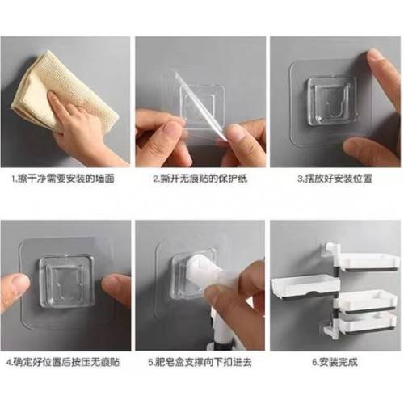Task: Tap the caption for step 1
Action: click(x=64, y=179)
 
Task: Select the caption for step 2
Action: click(x=200, y=179)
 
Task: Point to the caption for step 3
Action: click(x=335, y=179)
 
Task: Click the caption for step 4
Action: click(x=63, y=362)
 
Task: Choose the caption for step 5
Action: click(x=200, y=362)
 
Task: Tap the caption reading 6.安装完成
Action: click(x=335, y=362)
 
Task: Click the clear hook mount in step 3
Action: click(x=333, y=102)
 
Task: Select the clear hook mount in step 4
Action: click(x=66, y=282)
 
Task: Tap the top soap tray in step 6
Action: click(x=370, y=262)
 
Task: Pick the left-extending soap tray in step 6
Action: click(x=305, y=288)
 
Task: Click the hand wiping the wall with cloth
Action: click(x=81, y=127)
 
